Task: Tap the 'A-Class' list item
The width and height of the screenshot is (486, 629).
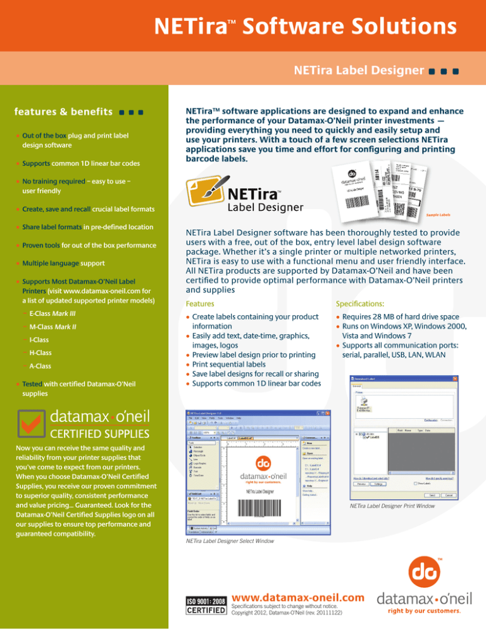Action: (40, 366)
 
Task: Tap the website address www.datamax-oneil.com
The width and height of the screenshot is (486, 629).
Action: (299, 597)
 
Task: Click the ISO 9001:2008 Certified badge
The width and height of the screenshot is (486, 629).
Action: (204, 605)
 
